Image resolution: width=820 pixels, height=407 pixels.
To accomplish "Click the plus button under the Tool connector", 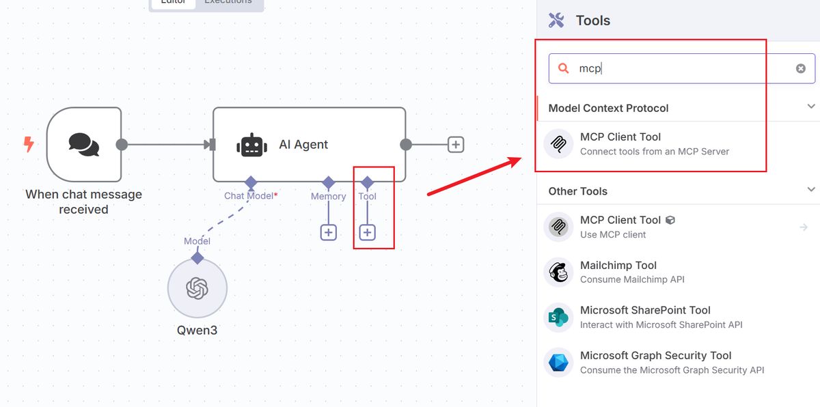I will pyautogui.click(x=367, y=233).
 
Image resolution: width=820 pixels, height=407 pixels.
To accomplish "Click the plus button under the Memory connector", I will pyautogui.click(x=328, y=233).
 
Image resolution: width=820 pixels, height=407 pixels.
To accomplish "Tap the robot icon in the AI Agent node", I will pyautogui.click(x=251, y=145).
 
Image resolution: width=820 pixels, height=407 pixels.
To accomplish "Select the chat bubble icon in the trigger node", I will pyautogui.click(x=84, y=144).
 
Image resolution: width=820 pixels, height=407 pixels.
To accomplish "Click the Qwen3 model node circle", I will pyautogui.click(x=197, y=288).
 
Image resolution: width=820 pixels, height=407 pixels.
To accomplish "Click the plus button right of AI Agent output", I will pyautogui.click(x=456, y=144).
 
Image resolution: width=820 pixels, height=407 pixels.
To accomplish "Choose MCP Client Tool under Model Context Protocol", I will pyautogui.click(x=620, y=137).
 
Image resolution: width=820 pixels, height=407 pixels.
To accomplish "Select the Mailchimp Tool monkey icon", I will pyautogui.click(x=558, y=272).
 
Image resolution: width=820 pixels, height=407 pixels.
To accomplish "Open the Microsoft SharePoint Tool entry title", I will pyautogui.click(x=645, y=310).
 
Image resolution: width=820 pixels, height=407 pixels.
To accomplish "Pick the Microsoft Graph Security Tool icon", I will pyautogui.click(x=558, y=362).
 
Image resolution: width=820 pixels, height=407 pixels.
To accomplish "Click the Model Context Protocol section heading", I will pyautogui.click(x=608, y=108).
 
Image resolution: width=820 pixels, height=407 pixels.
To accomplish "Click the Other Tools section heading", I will pyautogui.click(x=578, y=191).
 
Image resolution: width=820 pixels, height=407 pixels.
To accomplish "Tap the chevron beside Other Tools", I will pyautogui.click(x=811, y=190).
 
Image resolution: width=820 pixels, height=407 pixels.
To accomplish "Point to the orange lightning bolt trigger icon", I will pyautogui.click(x=29, y=144).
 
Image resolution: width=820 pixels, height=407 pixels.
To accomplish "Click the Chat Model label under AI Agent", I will pyautogui.click(x=249, y=196).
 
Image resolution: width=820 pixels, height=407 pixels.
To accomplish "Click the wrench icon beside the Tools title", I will pyautogui.click(x=556, y=20).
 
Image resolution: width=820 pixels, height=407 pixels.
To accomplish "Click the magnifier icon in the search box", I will pyautogui.click(x=564, y=68).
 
